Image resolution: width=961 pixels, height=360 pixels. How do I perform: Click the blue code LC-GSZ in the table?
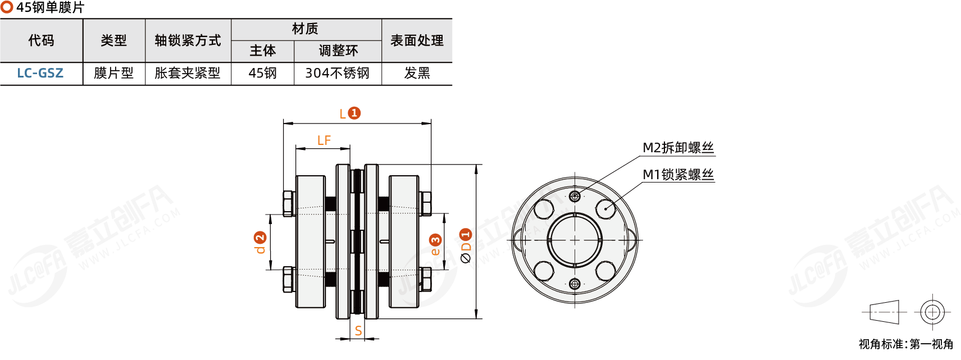[x=40, y=74]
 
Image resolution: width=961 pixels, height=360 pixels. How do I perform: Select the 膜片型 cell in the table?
[x=113, y=74]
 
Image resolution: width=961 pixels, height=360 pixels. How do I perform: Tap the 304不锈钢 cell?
[x=337, y=74]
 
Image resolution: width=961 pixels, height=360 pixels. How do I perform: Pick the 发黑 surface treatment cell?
[x=417, y=74]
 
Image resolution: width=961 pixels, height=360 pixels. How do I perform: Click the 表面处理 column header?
[x=417, y=40]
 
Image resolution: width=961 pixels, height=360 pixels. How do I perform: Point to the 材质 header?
[x=305, y=29]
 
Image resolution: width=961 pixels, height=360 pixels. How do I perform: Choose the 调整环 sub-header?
[x=338, y=51]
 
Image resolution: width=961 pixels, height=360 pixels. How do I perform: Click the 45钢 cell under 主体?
[x=262, y=74]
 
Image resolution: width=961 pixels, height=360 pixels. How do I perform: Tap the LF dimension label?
[x=324, y=140]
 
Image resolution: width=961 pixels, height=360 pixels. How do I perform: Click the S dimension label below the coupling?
[x=358, y=331]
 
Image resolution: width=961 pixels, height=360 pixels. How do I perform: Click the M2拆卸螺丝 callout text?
[x=678, y=148]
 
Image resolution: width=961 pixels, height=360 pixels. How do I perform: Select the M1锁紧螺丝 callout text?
[x=678, y=175]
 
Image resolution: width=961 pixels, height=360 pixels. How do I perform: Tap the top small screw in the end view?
[x=575, y=196]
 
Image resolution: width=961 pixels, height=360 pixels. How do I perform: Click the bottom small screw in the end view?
[x=575, y=284]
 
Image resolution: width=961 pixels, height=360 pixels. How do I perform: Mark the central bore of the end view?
[x=575, y=240]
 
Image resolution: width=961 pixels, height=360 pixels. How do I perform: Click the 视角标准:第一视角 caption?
[x=905, y=344]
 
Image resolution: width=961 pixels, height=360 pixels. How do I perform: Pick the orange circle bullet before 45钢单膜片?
[x=7, y=7]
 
